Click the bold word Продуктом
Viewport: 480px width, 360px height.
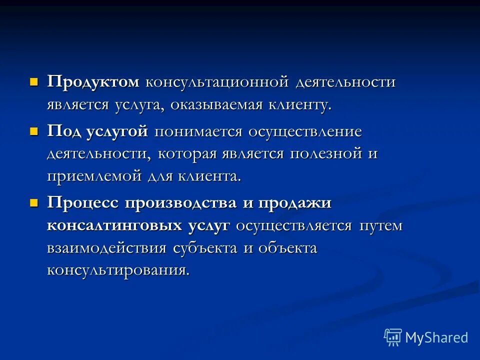tap(93, 82)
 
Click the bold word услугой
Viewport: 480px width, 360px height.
tap(117, 132)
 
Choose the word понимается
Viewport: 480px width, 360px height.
tap(198, 132)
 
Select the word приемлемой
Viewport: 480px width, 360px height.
tap(94, 176)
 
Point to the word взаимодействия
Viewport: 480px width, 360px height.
tap(107, 248)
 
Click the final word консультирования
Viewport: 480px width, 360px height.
tap(118, 270)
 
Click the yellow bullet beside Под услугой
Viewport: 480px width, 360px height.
tap(34, 130)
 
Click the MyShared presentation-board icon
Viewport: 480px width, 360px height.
tap(392, 337)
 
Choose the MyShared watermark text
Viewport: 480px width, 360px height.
tap(437, 337)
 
